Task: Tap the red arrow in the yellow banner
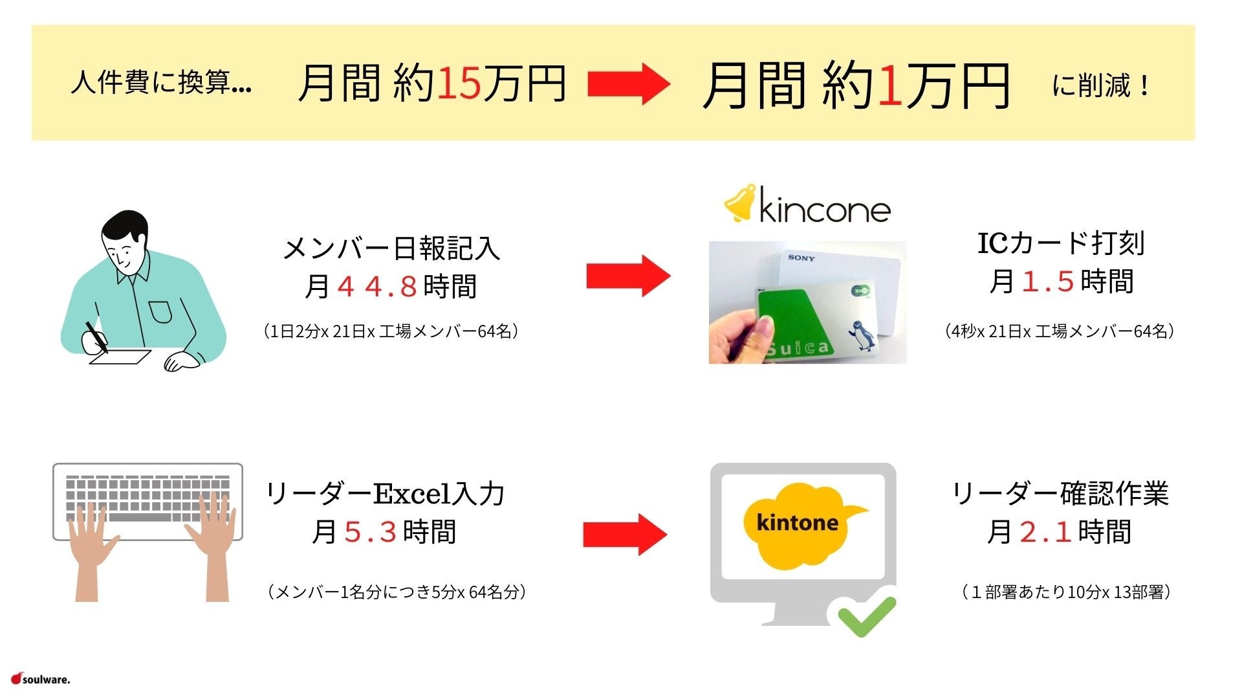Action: [x=627, y=83]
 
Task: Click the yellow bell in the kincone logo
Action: [x=739, y=203]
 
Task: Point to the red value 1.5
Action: [x=1048, y=282]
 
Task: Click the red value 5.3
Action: [x=370, y=532]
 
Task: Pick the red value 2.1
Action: [x=1045, y=532]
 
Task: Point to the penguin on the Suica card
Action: [x=862, y=335]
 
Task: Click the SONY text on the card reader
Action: [x=801, y=258]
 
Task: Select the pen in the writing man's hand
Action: [x=96, y=336]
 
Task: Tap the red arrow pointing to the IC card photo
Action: [x=627, y=276]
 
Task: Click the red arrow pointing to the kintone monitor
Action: [x=624, y=534]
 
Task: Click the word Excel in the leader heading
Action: [x=412, y=494]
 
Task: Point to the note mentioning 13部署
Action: [x=1065, y=592]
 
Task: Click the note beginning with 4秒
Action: [x=1059, y=331]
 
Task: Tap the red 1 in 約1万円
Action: [x=890, y=86]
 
